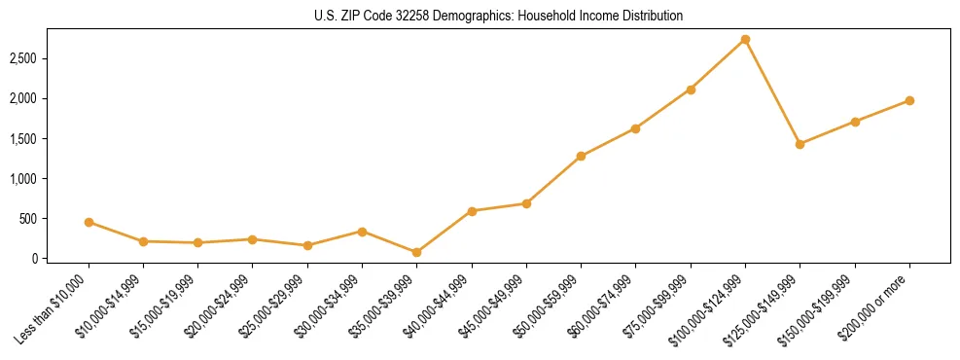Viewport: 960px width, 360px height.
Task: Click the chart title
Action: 499,16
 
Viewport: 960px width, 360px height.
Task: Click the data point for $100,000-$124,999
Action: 745,40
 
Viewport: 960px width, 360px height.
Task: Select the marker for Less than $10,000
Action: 89,222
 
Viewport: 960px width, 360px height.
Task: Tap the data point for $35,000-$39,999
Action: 416,252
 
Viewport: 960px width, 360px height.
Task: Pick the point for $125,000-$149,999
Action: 800,144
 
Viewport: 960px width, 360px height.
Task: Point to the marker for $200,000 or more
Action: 909,100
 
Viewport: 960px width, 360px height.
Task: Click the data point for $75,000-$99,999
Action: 691,90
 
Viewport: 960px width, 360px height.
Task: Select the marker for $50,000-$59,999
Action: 581,156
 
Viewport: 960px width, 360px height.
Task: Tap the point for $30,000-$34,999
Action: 362,232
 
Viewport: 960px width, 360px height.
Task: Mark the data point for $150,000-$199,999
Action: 855,122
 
